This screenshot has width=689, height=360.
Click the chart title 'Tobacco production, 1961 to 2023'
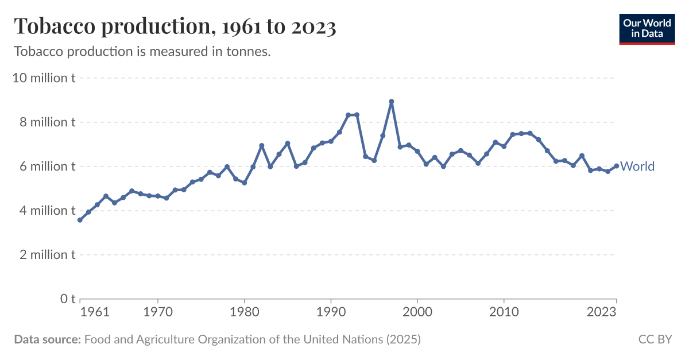pos(175,26)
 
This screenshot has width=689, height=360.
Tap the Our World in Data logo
pos(647,28)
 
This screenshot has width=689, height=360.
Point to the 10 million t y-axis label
pos(44,78)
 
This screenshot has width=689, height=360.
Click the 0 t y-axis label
pos(68,299)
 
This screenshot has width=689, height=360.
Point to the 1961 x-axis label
pos(95,313)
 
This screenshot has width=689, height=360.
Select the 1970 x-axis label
pos(158,313)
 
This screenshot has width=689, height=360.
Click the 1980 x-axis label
pos(245,313)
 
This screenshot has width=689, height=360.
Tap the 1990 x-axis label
pos(331,313)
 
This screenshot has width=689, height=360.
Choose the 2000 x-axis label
pos(417,313)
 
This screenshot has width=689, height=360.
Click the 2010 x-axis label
pos(504,313)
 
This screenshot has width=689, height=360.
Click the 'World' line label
pos(637,167)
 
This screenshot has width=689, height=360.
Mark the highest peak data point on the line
pos(392,102)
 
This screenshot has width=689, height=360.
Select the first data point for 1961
pos(80,220)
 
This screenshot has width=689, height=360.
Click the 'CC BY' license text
pos(655,339)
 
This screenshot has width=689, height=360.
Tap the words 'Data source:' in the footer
pos(47,339)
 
